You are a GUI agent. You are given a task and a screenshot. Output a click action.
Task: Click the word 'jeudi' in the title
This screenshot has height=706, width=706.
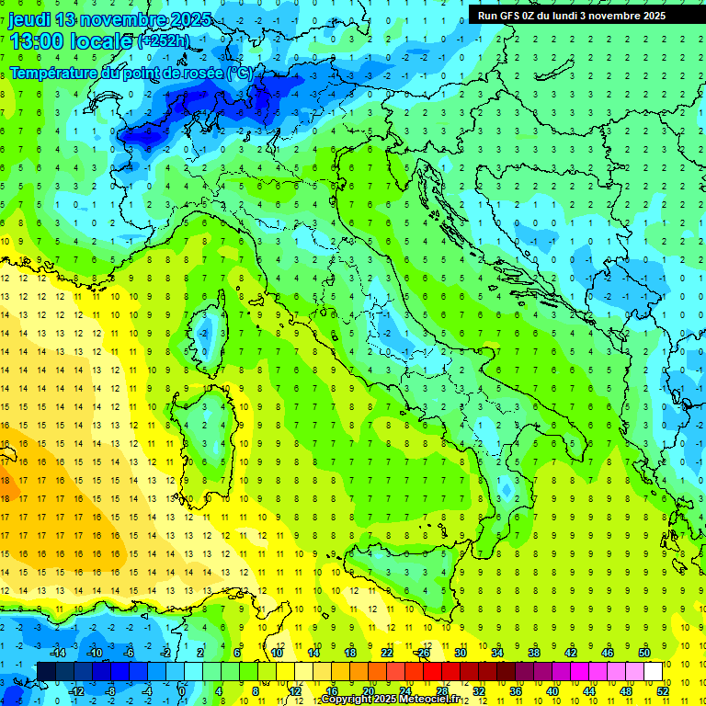[30, 19]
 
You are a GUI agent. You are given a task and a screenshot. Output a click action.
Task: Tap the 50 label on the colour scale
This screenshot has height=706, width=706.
[643, 653]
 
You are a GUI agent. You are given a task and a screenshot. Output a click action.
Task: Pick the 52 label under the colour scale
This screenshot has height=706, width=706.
[662, 690]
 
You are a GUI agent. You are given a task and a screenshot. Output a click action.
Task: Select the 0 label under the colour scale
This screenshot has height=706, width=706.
[181, 690]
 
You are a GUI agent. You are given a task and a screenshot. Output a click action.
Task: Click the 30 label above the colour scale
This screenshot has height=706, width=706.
[460, 653]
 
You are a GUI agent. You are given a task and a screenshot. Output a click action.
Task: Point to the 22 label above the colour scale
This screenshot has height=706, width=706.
[386, 653]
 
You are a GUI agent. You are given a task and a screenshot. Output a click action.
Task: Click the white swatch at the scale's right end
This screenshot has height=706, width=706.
[653, 672]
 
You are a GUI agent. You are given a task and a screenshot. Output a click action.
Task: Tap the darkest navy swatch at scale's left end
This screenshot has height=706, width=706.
[47, 672]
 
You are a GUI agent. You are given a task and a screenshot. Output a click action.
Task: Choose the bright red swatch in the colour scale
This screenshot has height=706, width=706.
[432, 672]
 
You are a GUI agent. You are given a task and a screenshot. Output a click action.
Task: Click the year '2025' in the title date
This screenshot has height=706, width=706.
[188, 19]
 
